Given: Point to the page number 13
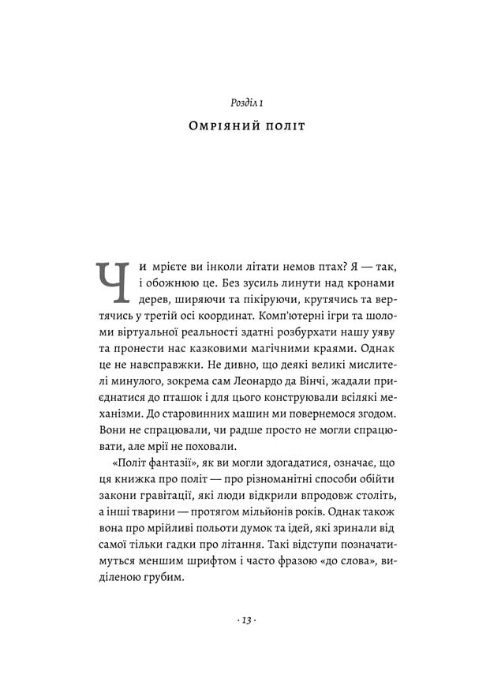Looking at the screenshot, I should [245, 620].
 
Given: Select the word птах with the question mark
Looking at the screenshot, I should [299, 267].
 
